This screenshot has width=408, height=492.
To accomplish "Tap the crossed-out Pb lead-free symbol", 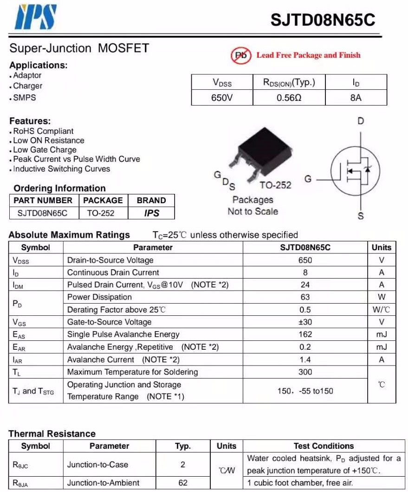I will (x=241, y=55).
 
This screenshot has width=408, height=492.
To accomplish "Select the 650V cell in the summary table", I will (x=222, y=98).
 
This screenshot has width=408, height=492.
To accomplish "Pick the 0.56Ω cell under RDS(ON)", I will (x=289, y=98).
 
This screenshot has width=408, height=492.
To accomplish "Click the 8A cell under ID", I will (x=356, y=98).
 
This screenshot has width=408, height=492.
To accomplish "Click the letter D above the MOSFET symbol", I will (x=361, y=121).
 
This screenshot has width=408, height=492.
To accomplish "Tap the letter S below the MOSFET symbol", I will (x=361, y=216).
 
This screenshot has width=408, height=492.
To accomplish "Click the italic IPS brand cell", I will (x=151, y=213).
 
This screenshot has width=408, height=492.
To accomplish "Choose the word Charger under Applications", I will (x=27, y=86).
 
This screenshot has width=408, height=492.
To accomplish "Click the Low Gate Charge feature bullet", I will (x=45, y=150).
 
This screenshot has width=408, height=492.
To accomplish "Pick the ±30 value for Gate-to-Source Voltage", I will (x=305, y=322).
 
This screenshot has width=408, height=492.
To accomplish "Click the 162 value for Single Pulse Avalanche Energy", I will (x=305, y=334).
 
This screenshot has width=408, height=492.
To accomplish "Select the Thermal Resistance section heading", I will (x=52, y=434).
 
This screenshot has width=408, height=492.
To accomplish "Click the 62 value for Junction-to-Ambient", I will (x=183, y=483).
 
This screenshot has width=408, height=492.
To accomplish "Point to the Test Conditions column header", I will (x=324, y=446).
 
